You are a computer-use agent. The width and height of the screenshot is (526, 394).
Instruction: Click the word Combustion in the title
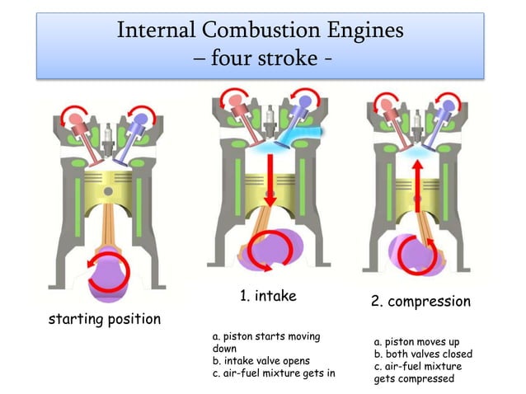(x=261, y=30)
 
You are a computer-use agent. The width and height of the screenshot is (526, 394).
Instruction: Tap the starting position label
(x=105, y=319)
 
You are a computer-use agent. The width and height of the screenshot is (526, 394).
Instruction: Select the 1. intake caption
(x=268, y=295)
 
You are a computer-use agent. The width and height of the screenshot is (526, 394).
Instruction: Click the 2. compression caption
(x=420, y=302)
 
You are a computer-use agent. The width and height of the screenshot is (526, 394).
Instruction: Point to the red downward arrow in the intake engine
(x=270, y=177)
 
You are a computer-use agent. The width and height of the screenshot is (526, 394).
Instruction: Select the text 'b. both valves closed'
(x=423, y=354)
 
